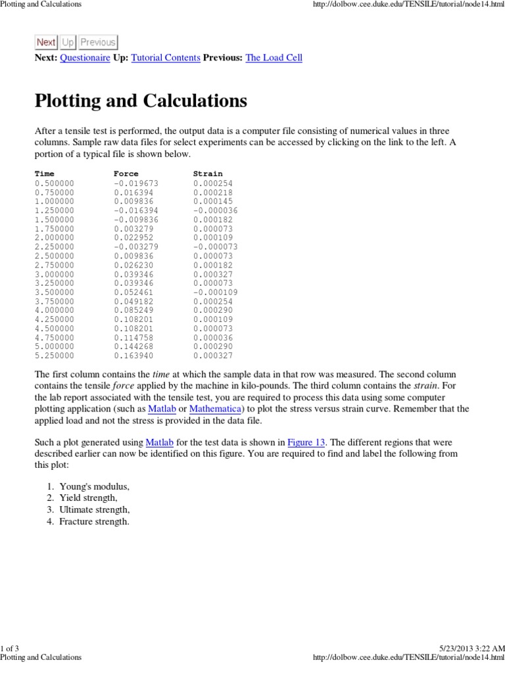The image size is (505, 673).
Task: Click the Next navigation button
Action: tap(46, 43)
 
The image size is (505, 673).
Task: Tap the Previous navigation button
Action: tap(97, 43)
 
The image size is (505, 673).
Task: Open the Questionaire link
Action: tap(85, 58)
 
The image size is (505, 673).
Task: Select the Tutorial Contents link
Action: tap(166, 58)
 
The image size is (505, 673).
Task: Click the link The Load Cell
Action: tap(274, 58)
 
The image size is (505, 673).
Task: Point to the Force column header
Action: tap(126, 174)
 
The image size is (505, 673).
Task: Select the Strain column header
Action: tap(208, 174)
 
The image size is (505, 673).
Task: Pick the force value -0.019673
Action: tap(136, 183)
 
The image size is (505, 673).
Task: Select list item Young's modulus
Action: tap(94, 486)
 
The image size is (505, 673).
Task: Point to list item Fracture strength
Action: tap(94, 522)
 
